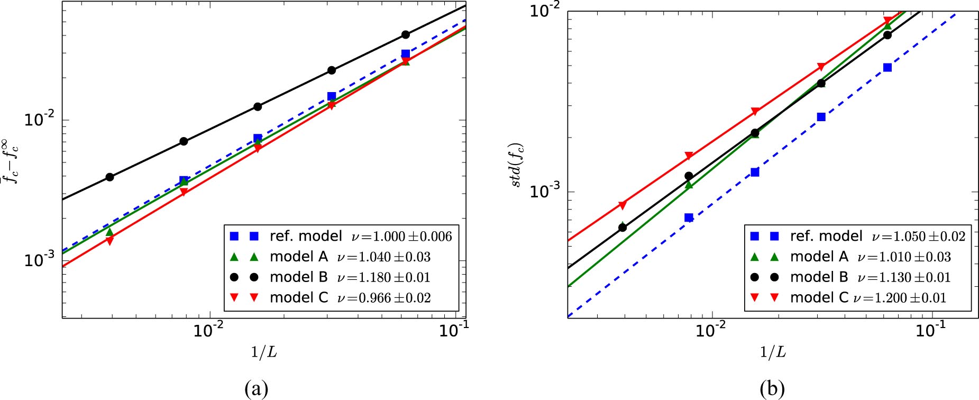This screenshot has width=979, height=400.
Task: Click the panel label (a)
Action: (257, 389)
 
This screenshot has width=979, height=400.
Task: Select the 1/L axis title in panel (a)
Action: (263, 351)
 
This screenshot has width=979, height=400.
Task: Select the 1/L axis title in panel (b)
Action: (772, 351)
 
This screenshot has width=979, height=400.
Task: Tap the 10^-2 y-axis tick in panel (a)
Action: (39, 120)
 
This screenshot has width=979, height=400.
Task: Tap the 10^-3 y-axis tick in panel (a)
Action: (39, 261)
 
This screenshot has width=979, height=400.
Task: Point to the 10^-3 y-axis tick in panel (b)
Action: (543, 192)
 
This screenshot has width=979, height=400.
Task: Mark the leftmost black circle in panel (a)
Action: (109, 177)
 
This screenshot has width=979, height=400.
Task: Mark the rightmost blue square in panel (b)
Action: (887, 67)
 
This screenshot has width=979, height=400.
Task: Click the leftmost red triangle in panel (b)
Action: (623, 205)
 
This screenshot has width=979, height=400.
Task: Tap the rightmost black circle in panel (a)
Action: (406, 35)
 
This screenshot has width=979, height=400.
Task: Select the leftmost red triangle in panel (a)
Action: (109, 241)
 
